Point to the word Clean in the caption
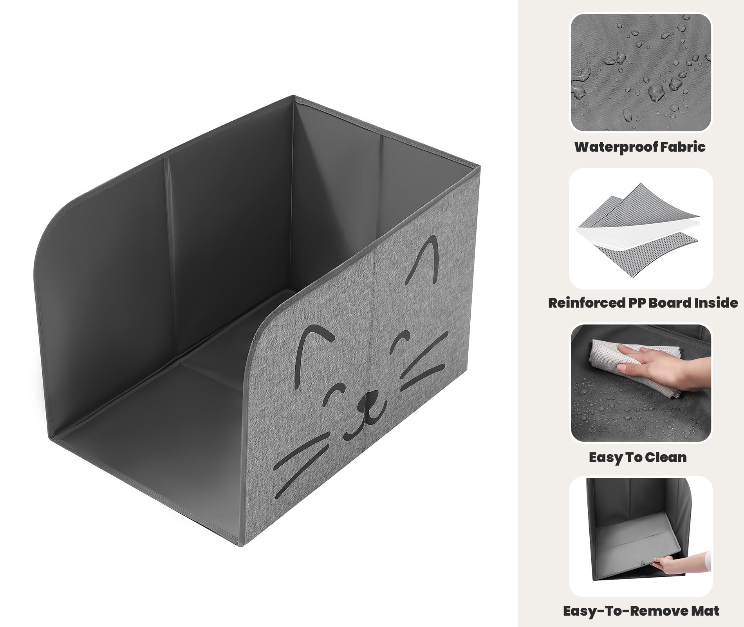[665, 457]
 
